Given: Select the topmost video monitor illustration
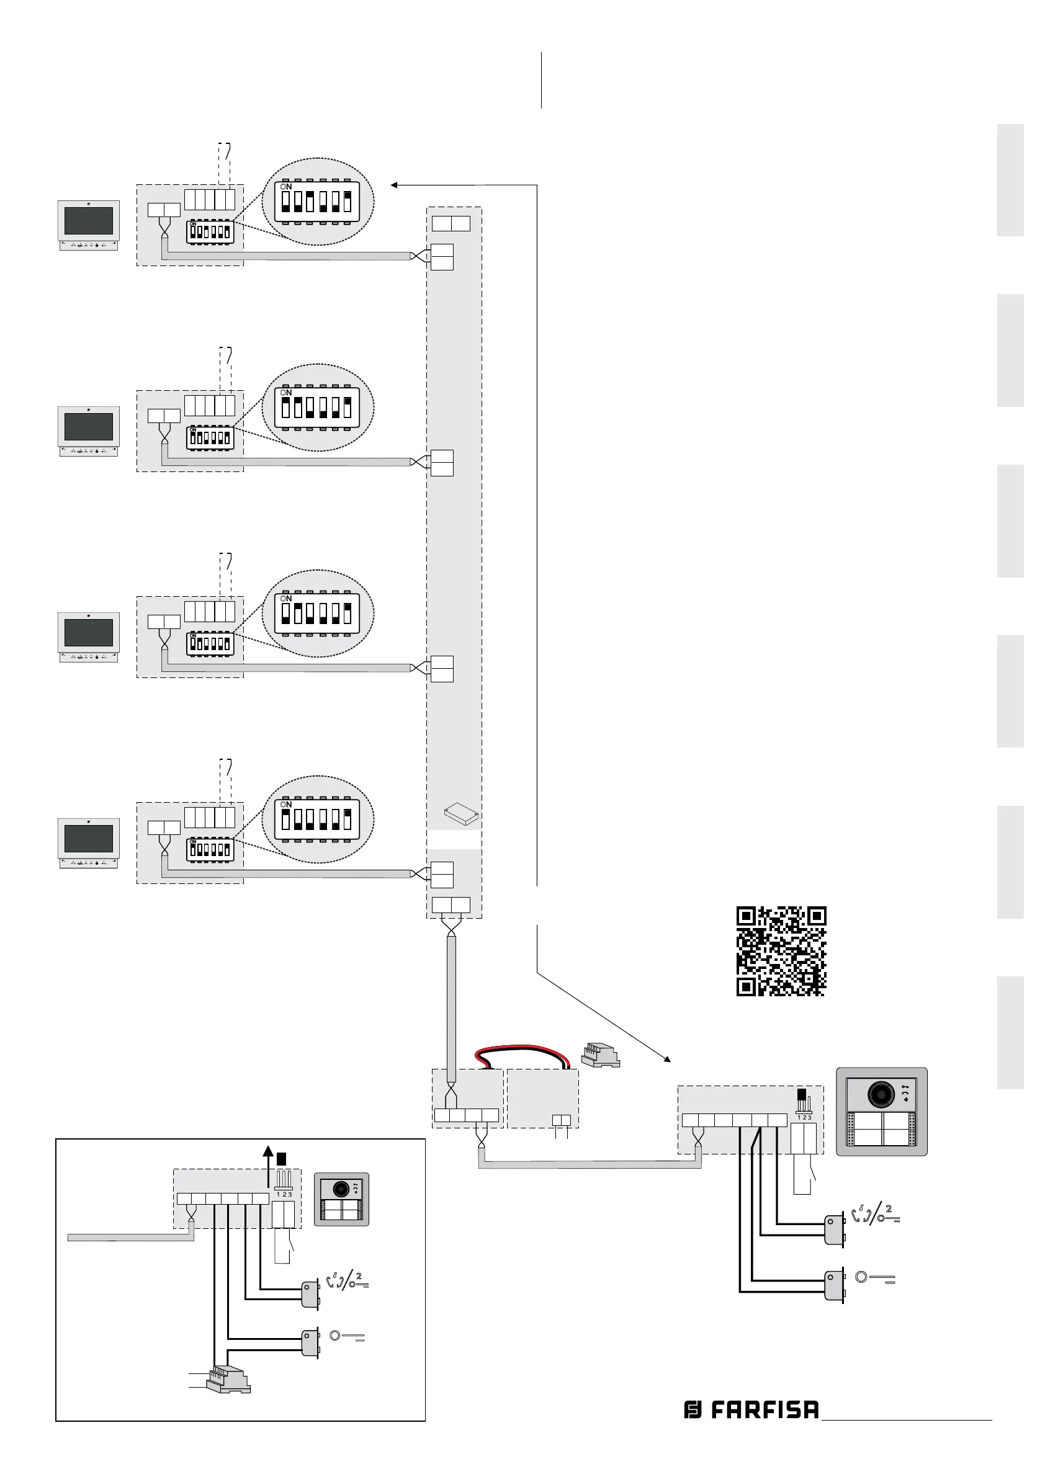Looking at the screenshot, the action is (89, 225).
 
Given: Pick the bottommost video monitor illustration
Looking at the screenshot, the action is (89, 842).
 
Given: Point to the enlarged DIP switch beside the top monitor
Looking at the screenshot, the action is (317, 202).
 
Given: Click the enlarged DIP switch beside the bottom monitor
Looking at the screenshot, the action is (317, 819).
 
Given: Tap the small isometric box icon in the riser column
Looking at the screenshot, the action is (461, 814).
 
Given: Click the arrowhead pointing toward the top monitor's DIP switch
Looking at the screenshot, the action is (394, 185).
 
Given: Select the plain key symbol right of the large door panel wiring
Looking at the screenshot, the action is (874, 1278).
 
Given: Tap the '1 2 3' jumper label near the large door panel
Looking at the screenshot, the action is (804, 1117).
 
